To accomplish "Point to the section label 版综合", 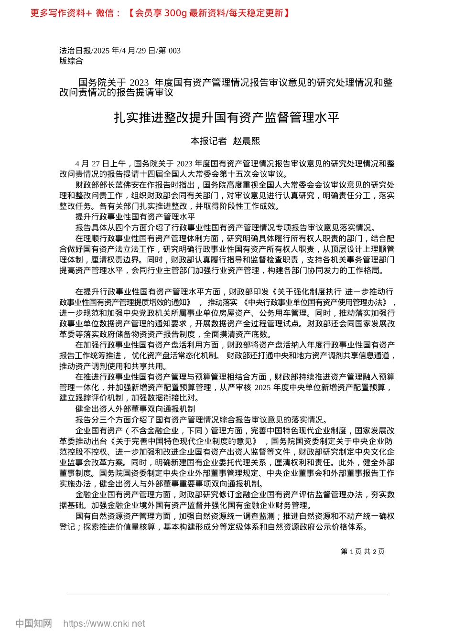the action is [x=71, y=61].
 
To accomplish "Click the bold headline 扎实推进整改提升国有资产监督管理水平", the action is [x=227, y=118].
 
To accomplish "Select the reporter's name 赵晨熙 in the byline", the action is [x=247, y=141].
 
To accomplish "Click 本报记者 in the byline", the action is [x=208, y=141].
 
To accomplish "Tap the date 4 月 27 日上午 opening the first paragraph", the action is [x=100, y=164].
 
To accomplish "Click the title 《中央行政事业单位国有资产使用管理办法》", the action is [x=317, y=302].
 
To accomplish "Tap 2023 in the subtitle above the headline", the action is [x=139, y=83].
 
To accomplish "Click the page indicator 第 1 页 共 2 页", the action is [x=362, y=552].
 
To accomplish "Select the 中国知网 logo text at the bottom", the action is [x=33, y=623].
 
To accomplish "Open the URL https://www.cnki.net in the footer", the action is [x=104, y=623].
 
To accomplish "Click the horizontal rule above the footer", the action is [x=227, y=595].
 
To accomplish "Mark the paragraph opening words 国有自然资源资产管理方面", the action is [x=123, y=516].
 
